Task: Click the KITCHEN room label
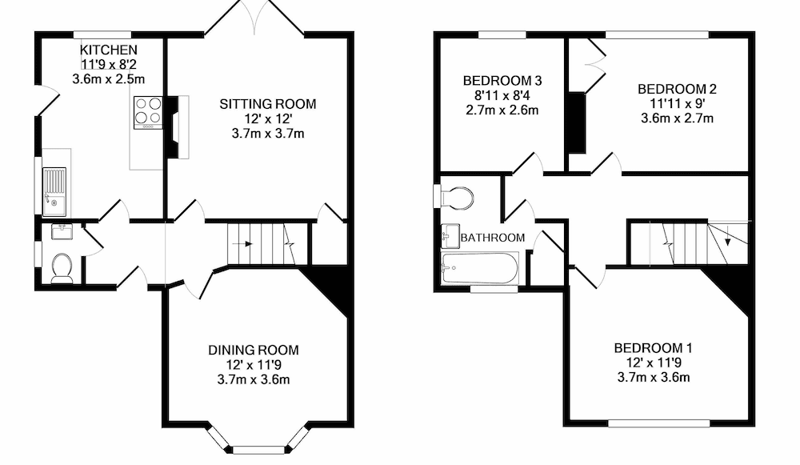click(x=109, y=50)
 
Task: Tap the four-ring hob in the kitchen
click(x=148, y=112)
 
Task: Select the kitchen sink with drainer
click(x=54, y=191)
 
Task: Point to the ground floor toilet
click(x=62, y=268)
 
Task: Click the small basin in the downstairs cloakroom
click(x=62, y=232)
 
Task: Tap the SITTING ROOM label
click(x=268, y=104)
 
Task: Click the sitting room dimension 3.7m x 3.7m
click(x=268, y=134)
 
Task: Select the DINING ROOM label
click(x=254, y=351)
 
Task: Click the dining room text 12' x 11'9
click(x=254, y=365)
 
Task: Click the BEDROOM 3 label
click(x=502, y=81)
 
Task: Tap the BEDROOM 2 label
click(x=677, y=89)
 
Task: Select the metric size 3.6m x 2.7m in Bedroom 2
click(x=677, y=118)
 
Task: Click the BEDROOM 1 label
click(x=653, y=348)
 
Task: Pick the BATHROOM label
click(x=492, y=238)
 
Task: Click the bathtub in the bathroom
click(x=479, y=268)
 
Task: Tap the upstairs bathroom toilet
click(x=456, y=198)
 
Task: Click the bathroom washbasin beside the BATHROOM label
click(x=450, y=236)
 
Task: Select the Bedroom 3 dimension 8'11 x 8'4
click(x=502, y=95)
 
